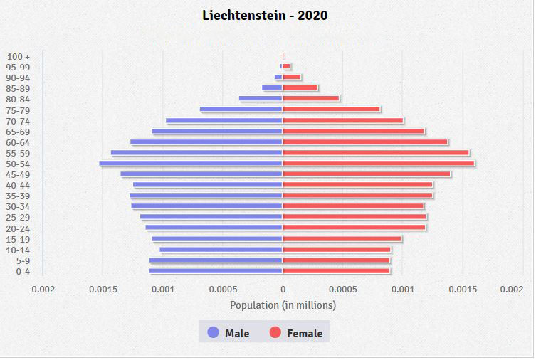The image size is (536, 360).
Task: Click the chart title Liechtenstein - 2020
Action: coord(265,15)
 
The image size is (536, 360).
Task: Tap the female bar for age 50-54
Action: coord(378,164)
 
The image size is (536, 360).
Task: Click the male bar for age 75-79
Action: coord(241,110)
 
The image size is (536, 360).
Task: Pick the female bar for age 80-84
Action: coord(311,99)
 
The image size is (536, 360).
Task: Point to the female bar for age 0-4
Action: coord(336,271)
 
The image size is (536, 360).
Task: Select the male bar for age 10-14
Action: coord(221,250)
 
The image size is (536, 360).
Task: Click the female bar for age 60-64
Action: coord(365,142)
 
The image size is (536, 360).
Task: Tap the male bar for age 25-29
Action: coord(211,217)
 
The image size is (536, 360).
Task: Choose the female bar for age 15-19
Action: coord(342,239)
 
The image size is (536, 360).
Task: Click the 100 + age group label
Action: coord(19,56)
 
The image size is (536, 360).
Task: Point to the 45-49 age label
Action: coord(18,174)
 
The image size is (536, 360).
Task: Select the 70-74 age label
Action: coord(18,121)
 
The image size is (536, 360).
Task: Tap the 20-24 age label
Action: coord(18,228)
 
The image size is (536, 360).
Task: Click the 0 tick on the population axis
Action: coord(283,290)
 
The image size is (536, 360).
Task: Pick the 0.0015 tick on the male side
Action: coord(103,290)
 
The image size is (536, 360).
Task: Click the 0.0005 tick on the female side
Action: coord(343,290)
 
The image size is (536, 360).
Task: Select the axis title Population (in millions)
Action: coord(283,305)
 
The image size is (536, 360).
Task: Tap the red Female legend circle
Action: coord(275,332)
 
